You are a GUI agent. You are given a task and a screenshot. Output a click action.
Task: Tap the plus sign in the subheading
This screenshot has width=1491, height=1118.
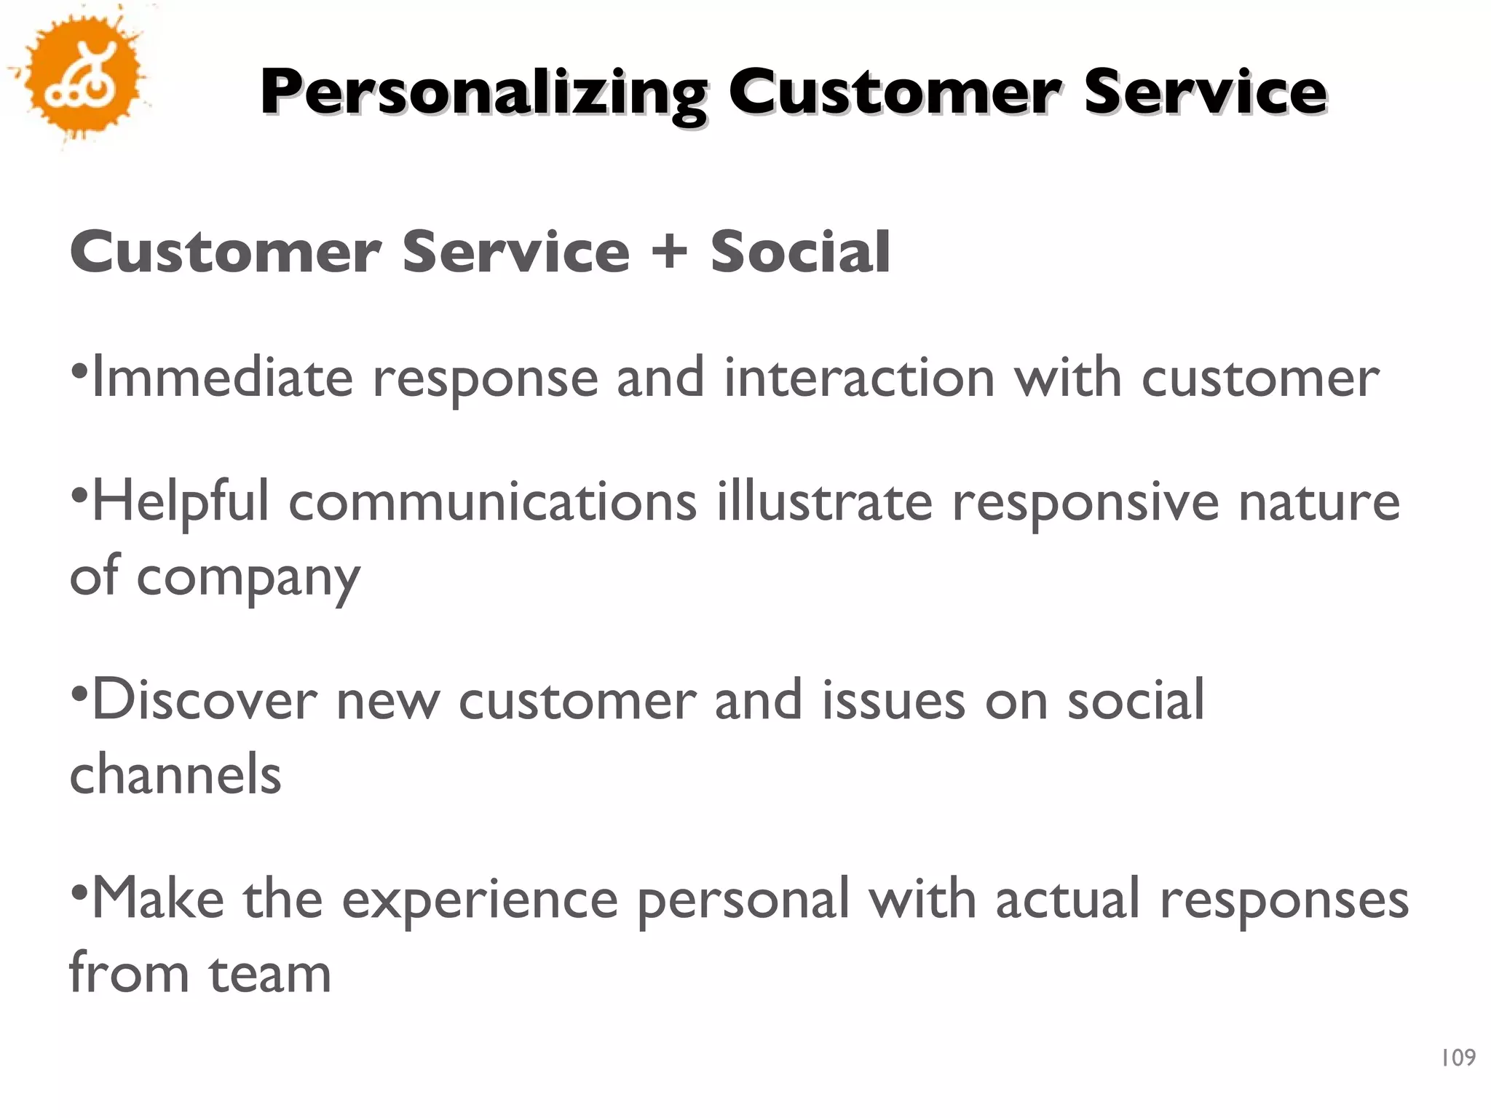669,252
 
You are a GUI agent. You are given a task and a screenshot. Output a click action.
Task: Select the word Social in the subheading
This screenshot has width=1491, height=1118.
800,252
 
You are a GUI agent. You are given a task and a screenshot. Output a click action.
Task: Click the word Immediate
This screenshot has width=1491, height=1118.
223,378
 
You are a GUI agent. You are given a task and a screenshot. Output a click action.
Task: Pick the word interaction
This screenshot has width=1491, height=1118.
859,378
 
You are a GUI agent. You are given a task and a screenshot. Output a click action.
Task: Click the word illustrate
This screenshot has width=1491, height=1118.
824,502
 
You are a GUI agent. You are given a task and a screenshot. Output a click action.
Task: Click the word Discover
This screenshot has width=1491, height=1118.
205,700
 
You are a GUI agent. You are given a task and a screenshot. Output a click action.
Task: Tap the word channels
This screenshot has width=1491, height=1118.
175,774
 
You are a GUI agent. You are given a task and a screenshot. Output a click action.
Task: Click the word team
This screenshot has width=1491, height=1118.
270,974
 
